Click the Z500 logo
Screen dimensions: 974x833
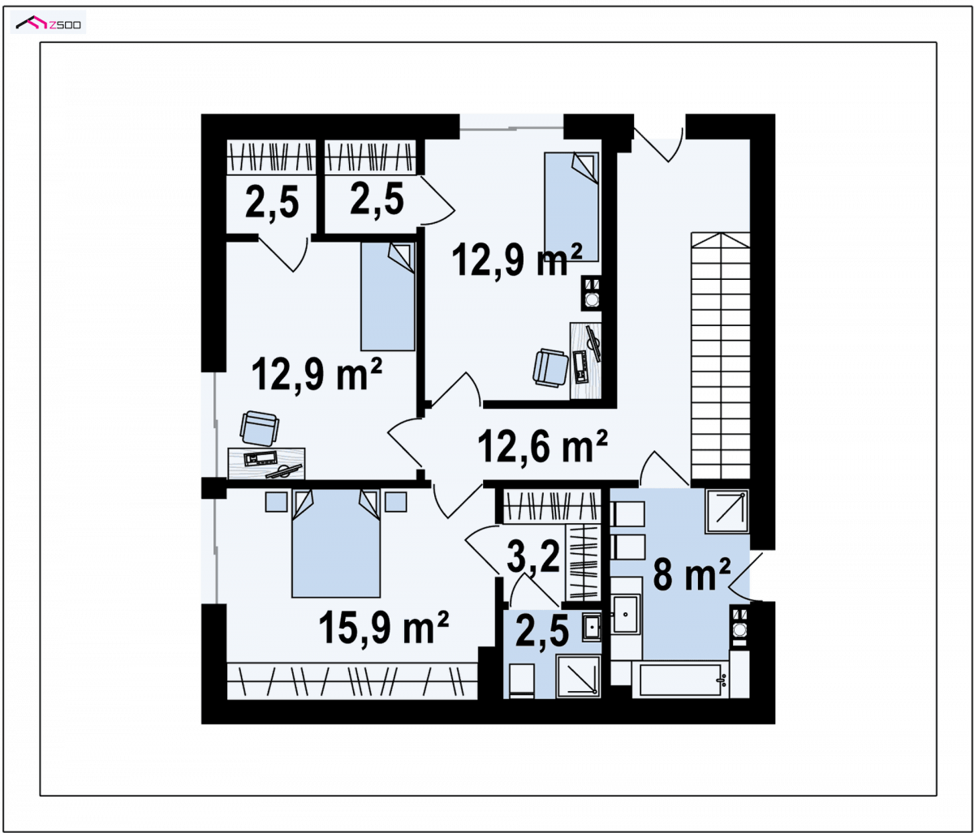[48, 22]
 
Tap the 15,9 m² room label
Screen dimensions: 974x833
[383, 628]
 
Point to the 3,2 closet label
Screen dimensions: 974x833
[533, 557]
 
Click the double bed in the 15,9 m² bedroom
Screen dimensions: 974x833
[335, 543]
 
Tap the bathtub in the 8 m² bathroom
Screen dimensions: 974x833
[681, 679]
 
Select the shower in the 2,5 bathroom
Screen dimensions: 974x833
[578, 676]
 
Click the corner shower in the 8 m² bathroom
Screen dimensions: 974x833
[726, 511]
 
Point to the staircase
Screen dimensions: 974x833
[720, 355]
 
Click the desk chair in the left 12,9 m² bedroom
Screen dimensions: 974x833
[259, 427]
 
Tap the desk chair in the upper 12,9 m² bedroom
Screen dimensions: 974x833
[550, 367]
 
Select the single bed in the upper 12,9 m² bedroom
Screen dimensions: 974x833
[571, 206]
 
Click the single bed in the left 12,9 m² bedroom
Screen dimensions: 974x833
[388, 296]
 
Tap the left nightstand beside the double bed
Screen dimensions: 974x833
[276, 501]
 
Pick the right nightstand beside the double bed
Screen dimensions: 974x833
[395, 501]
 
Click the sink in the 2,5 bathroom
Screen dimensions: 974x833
[592, 627]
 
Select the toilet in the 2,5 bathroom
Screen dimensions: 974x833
[522, 681]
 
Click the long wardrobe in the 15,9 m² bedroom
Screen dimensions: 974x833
[352, 681]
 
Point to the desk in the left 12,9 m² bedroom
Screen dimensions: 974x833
[266, 464]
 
